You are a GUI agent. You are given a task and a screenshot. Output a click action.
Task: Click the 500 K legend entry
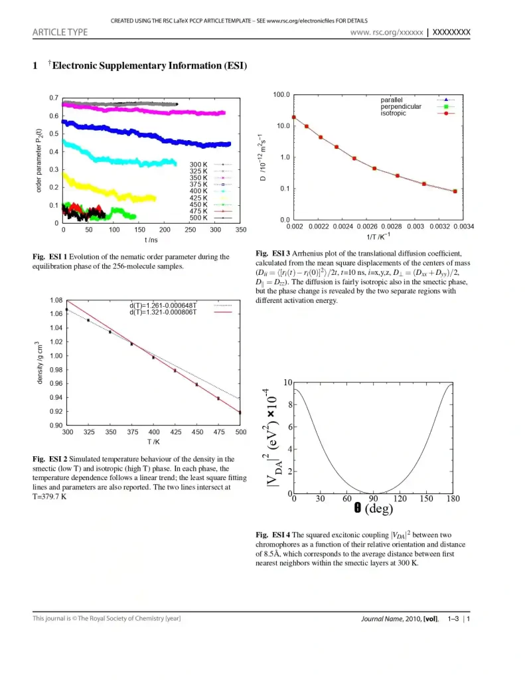[x=199, y=218]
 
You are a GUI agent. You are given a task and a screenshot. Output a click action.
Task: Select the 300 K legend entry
[x=199, y=164]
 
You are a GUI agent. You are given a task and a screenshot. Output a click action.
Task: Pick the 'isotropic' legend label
[x=394, y=113]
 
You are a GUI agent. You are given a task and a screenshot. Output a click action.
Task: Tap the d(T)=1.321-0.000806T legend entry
[x=163, y=311]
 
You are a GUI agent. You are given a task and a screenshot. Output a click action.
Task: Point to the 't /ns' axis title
[x=151, y=239]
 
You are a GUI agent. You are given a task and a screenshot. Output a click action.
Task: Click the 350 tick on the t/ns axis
[x=240, y=230]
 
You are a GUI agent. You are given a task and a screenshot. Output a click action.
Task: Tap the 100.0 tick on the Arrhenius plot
[x=281, y=95]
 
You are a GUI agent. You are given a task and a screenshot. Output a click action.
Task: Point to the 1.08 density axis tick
[x=56, y=300]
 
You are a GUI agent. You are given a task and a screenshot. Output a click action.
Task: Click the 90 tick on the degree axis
[x=374, y=499]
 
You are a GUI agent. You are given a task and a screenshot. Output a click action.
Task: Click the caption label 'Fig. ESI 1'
[x=50, y=257]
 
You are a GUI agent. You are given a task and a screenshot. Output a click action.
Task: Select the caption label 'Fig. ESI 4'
[x=273, y=535]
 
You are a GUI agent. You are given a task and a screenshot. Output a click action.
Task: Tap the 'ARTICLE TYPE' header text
[x=60, y=32]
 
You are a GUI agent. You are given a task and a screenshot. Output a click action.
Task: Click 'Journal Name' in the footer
[x=382, y=619]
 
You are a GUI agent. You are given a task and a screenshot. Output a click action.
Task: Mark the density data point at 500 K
[x=240, y=412]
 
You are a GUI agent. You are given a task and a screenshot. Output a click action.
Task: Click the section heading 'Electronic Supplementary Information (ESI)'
[x=149, y=65]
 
